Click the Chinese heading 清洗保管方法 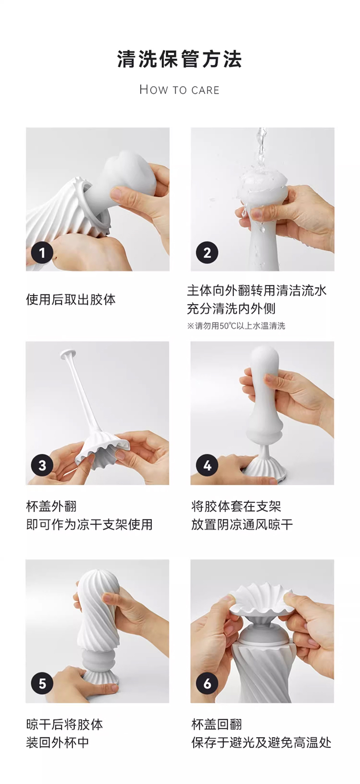180,60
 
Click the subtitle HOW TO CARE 180,90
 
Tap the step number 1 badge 42,252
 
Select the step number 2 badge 207,252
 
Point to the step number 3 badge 42,466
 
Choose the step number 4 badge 207,466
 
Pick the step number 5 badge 42,683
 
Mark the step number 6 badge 207,683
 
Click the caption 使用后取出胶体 71,300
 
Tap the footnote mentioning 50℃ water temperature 236,326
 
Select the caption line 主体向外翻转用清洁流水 257,291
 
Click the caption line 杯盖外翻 51,507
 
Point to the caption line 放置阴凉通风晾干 242,525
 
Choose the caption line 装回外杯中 57,743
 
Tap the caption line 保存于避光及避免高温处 261,743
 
